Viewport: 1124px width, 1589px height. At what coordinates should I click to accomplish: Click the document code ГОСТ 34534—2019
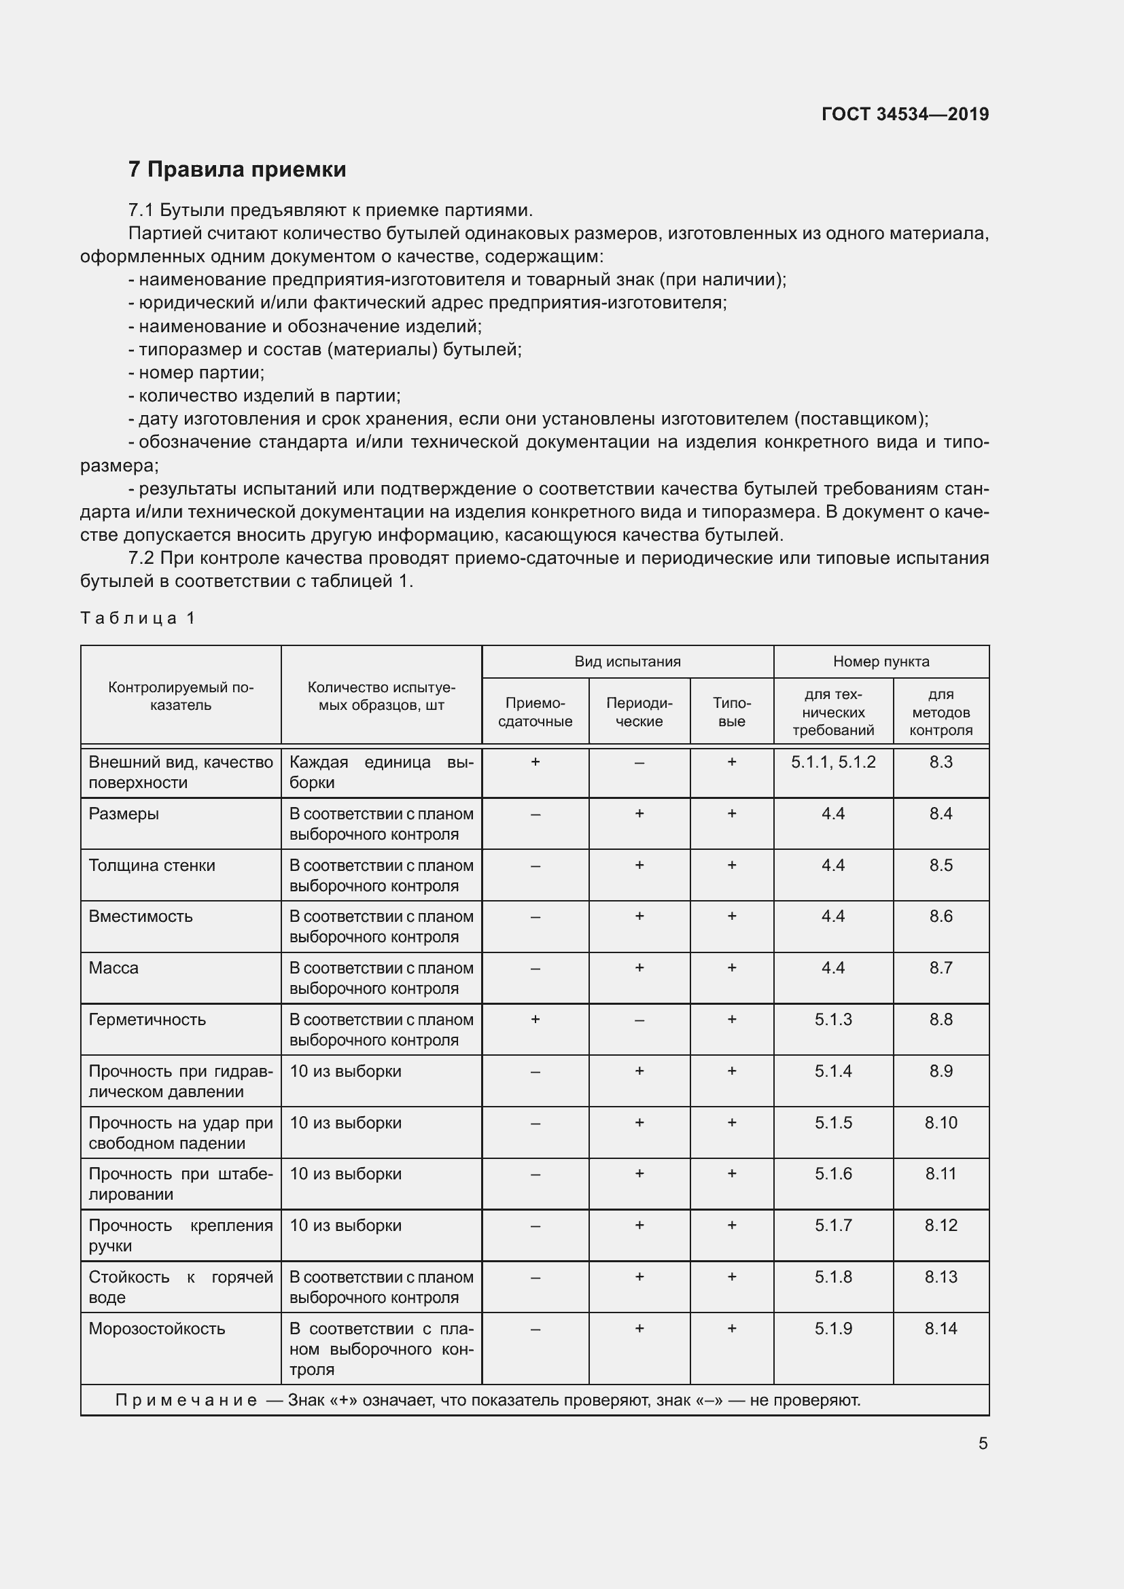(x=905, y=114)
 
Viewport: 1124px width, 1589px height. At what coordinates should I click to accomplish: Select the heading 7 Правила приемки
(x=236, y=170)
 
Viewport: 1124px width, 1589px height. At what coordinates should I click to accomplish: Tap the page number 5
(x=982, y=1443)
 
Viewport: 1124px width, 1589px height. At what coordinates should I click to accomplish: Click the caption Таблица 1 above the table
(x=138, y=618)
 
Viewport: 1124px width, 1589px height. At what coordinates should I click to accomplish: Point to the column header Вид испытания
(x=627, y=662)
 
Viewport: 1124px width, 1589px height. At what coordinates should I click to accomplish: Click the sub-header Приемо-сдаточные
(x=535, y=712)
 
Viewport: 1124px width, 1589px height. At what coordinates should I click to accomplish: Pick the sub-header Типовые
(x=732, y=712)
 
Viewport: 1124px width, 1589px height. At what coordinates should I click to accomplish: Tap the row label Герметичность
(x=147, y=1020)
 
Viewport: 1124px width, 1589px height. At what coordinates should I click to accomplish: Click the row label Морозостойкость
(x=156, y=1329)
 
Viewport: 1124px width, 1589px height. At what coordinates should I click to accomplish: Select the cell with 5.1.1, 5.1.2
(x=832, y=763)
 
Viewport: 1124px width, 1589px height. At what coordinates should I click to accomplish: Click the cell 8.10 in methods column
(x=941, y=1123)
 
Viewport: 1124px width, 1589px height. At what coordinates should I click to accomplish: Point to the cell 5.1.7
(x=832, y=1226)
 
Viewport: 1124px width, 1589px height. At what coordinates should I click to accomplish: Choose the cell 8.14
(x=941, y=1329)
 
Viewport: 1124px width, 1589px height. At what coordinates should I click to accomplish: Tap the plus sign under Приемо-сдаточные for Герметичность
(x=535, y=1020)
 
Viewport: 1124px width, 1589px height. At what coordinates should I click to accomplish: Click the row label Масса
(x=113, y=968)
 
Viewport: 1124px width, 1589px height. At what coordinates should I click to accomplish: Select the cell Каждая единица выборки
(x=381, y=772)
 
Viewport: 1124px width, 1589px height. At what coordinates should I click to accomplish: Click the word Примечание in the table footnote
(x=186, y=1401)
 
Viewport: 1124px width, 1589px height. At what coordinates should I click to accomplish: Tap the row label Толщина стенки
(x=152, y=865)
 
